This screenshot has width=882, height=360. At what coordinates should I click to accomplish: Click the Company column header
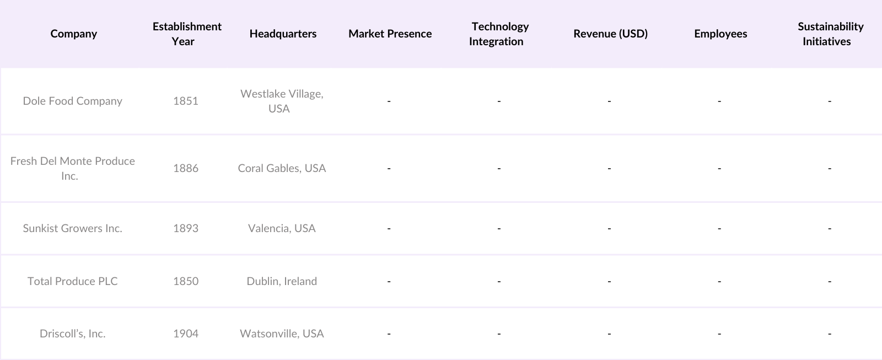point(73,34)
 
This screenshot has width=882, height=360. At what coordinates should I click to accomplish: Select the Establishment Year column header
point(187,34)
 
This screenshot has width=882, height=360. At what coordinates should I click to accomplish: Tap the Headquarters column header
point(283,34)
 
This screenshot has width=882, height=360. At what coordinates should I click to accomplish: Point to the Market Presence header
point(390,34)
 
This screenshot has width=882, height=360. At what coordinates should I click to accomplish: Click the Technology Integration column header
point(499,34)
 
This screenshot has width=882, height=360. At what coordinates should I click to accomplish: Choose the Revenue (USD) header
point(610,34)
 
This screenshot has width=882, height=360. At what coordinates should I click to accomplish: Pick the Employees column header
point(720,34)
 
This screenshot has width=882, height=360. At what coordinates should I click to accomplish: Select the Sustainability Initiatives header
point(830,34)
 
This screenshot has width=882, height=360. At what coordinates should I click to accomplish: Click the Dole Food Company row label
point(72,101)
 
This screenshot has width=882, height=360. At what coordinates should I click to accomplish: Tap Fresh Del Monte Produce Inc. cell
point(72,168)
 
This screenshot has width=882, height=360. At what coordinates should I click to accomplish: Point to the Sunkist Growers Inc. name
point(72,228)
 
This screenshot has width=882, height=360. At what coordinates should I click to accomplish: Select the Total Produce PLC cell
point(72,281)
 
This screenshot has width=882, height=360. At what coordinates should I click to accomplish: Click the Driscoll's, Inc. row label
point(72,334)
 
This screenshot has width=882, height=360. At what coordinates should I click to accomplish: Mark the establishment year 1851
point(186,101)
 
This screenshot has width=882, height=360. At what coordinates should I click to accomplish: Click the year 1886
point(186,168)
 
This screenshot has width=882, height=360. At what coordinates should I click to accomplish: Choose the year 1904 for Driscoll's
point(186,334)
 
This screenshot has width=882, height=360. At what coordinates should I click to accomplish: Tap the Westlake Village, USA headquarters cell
point(282,101)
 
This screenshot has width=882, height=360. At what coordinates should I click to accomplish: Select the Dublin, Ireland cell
point(282,281)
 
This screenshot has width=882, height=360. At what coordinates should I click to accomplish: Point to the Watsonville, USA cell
point(282,334)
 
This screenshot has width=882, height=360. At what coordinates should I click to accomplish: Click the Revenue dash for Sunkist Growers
point(609,228)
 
